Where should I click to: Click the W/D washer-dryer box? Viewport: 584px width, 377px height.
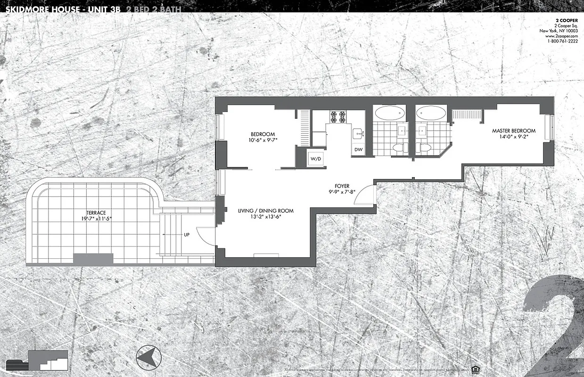click(315, 159)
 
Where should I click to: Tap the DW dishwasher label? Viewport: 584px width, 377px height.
click(358, 150)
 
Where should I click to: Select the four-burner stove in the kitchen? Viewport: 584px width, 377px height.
click(337, 117)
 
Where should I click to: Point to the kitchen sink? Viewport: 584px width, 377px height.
click(358, 134)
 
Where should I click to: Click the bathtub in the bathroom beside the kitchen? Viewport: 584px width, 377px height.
click(389, 113)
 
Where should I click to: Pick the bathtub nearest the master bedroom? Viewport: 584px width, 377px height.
click(431, 113)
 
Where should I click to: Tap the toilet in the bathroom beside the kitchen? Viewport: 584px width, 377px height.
click(398, 148)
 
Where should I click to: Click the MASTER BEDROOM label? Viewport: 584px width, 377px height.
click(514, 131)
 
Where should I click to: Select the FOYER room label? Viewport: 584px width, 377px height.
click(342, 186)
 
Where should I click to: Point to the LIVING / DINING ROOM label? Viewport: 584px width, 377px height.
click(266, 211)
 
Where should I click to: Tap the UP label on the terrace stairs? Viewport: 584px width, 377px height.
click(187, 234)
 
